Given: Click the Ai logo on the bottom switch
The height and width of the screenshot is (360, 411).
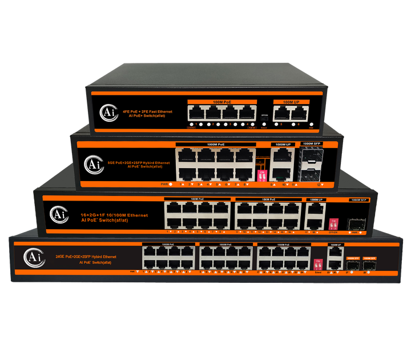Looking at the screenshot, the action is click(x=30, y=255).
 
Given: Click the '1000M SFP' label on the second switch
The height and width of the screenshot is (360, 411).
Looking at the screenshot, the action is click(x=312, y=143).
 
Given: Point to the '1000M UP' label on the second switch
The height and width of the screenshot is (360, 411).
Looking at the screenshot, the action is click(x=280, y=143).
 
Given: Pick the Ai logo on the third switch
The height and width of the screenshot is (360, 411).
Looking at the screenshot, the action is click(x=57, y=214).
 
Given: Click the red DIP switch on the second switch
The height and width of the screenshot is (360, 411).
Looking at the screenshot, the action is click(x=262, y=175).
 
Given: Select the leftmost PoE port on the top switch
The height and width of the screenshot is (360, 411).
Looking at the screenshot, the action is click(x=196, y=113).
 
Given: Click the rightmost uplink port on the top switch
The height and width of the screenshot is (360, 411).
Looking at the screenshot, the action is click(x=298, y=113).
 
